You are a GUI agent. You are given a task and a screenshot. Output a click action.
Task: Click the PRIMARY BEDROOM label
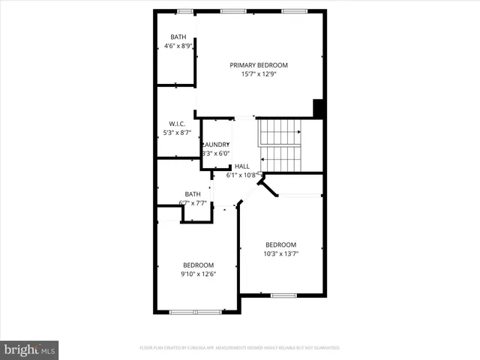point(259,65)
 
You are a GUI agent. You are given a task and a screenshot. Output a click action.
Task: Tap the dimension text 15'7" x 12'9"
point(259,74)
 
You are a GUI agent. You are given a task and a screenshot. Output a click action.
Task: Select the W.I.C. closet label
point(177,124)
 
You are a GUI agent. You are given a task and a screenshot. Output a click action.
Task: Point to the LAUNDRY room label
point(216,145)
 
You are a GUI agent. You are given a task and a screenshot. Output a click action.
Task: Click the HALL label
point(241,166)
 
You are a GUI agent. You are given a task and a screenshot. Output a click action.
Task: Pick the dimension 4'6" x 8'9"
point(178,46)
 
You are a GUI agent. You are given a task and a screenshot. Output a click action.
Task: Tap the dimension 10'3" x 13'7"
point(280,253)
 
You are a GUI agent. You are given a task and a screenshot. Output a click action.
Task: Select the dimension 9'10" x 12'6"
point(199,274)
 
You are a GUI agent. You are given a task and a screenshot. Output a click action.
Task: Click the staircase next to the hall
point(280,145)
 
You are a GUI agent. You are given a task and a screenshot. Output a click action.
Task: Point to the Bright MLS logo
point(29,349)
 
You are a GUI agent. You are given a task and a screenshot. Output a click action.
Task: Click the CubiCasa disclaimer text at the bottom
point(240,348)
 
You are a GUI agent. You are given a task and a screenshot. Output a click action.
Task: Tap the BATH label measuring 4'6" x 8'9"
point(178,37)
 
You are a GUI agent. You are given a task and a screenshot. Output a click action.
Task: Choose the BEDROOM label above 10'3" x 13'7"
point(280,244)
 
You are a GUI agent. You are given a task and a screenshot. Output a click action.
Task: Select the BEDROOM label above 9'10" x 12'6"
point(199,265)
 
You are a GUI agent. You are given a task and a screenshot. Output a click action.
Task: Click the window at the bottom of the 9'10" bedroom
point(195,311)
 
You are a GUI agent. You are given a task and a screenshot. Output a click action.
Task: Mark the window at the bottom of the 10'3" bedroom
point(283,295)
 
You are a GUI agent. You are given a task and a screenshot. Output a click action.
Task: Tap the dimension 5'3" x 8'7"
point(177,133)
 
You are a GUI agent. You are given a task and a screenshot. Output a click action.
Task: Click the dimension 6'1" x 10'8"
point(241,175)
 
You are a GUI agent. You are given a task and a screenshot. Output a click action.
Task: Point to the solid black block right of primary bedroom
point(319,109)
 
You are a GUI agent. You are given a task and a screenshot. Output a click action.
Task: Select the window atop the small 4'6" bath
point(184,11)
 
